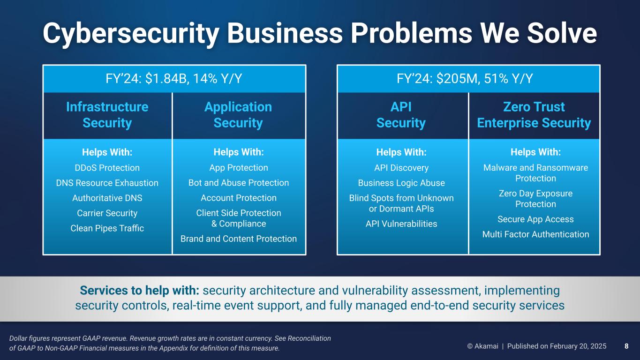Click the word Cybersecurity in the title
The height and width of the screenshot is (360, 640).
131,34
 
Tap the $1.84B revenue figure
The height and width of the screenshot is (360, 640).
167,79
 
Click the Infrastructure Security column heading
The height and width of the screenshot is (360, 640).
107,115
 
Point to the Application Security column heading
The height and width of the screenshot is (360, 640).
238,115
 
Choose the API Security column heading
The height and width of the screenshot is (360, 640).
401,115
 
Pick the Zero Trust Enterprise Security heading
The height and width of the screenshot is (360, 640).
534,115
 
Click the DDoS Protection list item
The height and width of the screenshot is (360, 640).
107,168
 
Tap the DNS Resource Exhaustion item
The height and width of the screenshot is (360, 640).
107,183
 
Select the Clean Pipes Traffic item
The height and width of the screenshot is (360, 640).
107,228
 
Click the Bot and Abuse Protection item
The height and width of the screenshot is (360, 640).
239,183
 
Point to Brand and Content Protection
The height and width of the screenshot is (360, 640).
239,239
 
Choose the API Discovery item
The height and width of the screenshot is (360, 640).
401,168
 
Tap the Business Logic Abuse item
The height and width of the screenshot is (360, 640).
401,183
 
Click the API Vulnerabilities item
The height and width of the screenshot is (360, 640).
401,224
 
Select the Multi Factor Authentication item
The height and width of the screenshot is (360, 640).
536,234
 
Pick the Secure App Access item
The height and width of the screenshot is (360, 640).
536,219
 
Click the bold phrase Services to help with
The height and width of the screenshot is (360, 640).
139,290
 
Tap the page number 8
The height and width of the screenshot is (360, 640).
626,346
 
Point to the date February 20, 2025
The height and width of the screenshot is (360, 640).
578,346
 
